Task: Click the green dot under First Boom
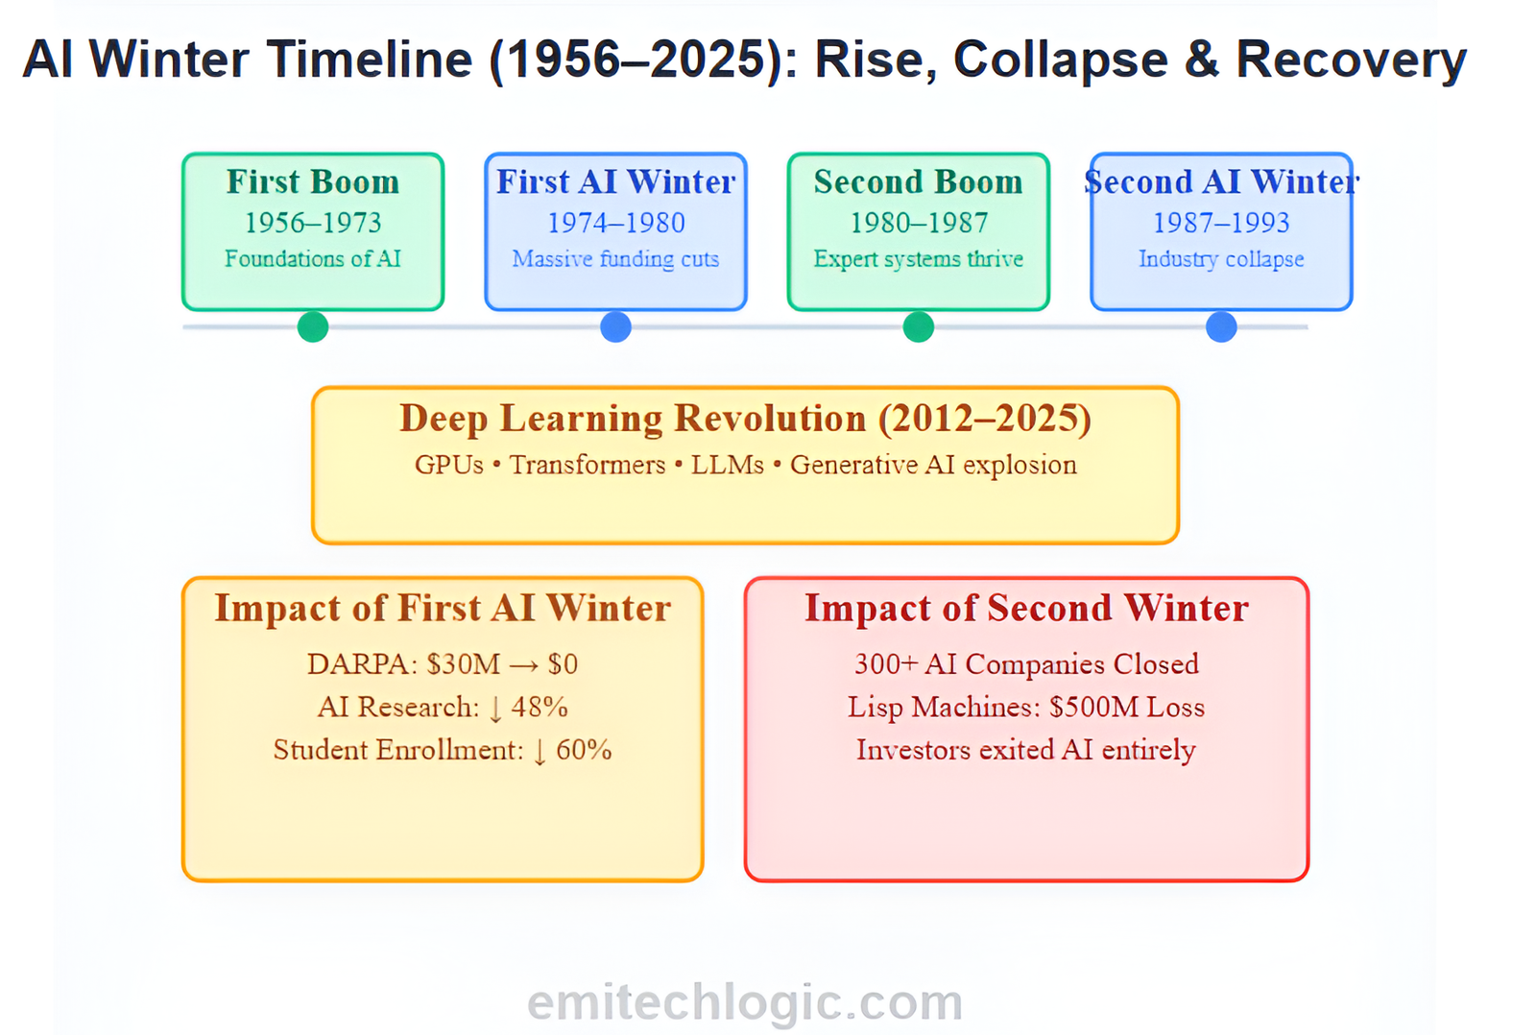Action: [313, 326]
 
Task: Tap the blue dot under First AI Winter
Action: [615, 326]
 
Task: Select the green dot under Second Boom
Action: [918, 326]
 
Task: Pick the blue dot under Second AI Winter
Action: [1221, 326]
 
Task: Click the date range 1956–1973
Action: [313, 223]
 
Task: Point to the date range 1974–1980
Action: [615, 223]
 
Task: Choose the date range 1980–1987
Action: [919, 223]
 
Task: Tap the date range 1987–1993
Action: [1221, 223]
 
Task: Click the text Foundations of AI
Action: [313, 258]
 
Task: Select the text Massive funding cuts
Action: [615, 259]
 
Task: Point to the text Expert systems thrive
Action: [918, 259]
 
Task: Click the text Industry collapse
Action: [1221, 259]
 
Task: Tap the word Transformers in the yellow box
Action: [587, 465]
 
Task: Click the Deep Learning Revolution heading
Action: [745, 419]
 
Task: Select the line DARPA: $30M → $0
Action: [443, 664]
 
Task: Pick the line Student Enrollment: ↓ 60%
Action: [443, 750]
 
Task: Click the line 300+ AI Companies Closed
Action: [1026, 664]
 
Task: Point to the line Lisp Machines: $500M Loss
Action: [1026, 708]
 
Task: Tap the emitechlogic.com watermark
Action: [745, 1002]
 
